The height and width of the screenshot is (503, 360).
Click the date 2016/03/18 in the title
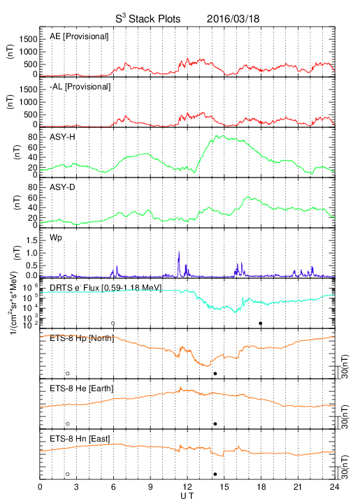pyautogui.click(x=233, y=19)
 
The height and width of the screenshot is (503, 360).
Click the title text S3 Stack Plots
pyautogui.click(x=148, y=19)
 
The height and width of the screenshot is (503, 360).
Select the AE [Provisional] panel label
pyautogui.click(x=79, y=36)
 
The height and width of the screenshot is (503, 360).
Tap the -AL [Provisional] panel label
pyautogui.click(x=80, y=87)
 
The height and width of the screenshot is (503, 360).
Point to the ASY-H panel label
pyautogui.click(x=62, y=137)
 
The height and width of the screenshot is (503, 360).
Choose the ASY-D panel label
pyautogui.click(x=62, y=187)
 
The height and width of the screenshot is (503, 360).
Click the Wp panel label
pyautogui.click(x=55, y=238)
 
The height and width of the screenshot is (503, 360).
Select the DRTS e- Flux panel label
pyautogui.click(x=106, y=288)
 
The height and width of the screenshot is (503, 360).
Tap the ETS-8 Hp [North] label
pyautogui.click(x=82, y=338)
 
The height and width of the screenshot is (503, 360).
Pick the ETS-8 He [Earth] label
pyautogui.click(x=82, y=388)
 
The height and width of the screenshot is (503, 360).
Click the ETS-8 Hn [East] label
pyautogui.click(x=80, y=439)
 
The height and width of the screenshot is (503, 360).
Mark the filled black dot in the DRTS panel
pyautogui.click(x=261, y=323)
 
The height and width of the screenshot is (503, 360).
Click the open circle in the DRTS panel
pyautogui.click(x=113, y=323)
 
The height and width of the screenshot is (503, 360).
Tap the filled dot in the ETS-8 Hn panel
pyautogui.click(x=215, y=474)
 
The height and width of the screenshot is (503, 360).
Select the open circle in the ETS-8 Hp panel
pyautogui.click(x=68, y=373)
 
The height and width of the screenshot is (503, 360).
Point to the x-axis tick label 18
pyautogui.click(x=261, y=487)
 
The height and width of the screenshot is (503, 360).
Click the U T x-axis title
pyautogui.click(x=187, y=496)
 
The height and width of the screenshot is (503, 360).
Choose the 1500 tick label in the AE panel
pyautogui.click(x=28, y=39)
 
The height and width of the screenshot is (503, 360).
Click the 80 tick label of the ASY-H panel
pyautogui.click(x=33, y=138)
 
